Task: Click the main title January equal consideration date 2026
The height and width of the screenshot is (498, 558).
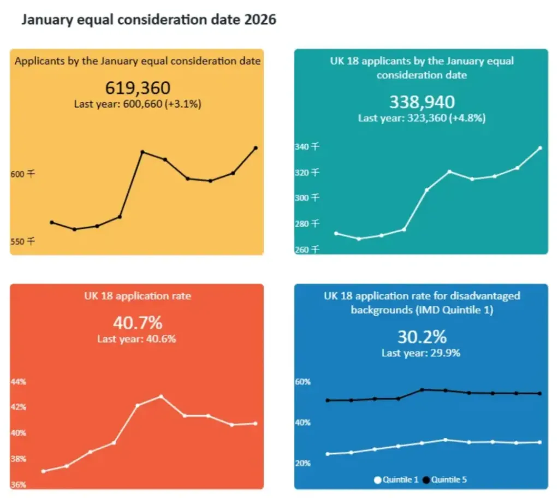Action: tap(149, 20)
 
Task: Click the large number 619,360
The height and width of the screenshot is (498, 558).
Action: tap(138, 88)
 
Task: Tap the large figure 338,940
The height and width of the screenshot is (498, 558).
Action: tap(422, 102)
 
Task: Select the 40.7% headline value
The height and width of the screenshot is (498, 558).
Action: tap(138, 323)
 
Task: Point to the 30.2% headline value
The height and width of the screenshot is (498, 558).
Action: tap(422, 337)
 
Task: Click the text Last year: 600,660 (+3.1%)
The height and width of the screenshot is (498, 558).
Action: tap(138, 104)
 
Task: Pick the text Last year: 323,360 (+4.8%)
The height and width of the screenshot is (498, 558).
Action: tap(422, 118)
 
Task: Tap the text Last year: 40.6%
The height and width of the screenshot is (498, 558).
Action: tap(136, 339)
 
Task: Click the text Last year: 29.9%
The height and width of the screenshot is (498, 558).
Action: tap(421, 353)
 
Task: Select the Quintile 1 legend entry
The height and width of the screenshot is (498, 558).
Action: tap(396, 480)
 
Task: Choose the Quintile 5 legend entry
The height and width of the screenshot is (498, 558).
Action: tap(444, 480)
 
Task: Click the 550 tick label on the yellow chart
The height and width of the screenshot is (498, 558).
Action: tap(23, 242)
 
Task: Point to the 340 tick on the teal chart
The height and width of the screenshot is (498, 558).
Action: tap(307, 147)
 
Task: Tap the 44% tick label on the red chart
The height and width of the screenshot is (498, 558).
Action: tap(19, 382)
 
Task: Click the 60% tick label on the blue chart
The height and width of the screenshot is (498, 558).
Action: tap(303, 382)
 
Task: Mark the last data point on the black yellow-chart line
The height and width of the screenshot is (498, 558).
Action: tap(256, 148)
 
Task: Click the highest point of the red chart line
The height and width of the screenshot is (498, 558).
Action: tap(161, 396)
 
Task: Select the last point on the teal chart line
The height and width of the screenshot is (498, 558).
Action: tap(540, 148)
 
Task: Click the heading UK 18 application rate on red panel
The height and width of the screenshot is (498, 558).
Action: tap(138, 296)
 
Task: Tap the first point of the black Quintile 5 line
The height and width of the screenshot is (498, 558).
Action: tap(328, 400)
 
